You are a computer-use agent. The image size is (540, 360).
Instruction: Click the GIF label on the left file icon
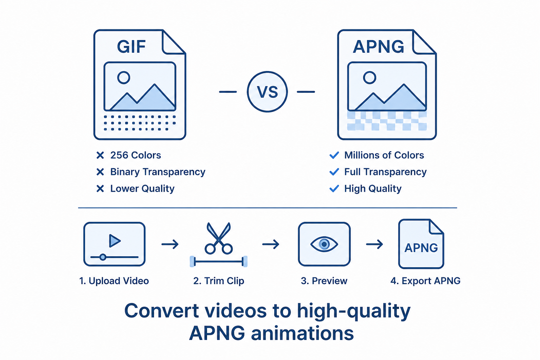point(131,46)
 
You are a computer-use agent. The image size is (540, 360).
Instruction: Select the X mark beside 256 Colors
point(100,155)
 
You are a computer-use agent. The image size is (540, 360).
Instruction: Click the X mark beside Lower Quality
point(100,188)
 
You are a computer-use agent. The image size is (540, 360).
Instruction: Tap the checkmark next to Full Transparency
point(334,172)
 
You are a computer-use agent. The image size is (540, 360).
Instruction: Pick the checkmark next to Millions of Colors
point(334,155)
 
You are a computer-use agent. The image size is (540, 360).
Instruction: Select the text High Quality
point(373,189)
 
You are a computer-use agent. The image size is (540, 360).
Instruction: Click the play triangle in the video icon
point(115,240)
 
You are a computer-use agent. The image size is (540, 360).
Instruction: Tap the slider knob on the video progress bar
point(103,257)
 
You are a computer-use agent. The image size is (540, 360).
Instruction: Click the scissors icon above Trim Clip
point(218,238)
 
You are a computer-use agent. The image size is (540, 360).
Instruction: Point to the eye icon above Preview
point(324,244)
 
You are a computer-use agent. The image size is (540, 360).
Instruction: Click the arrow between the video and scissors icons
point(170,244)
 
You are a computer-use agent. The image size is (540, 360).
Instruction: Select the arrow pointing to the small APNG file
point(374,244)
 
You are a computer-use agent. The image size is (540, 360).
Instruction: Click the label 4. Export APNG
point(425,281)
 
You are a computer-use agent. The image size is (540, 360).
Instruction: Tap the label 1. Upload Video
point(114,281)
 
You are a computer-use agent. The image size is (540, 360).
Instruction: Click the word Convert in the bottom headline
point(161,310)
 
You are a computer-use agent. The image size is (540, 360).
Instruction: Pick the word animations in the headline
point(302,333)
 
